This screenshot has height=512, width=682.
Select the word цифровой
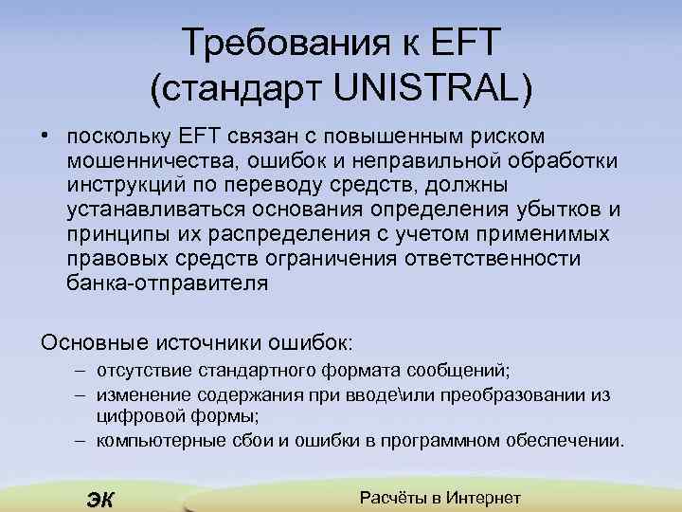[x=133, y=416]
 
